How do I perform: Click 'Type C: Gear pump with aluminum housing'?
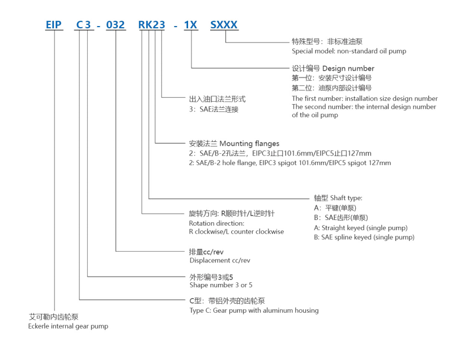pos(254,311)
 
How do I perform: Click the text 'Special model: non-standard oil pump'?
pos(348,51)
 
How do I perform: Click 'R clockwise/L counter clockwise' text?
pos(236,232)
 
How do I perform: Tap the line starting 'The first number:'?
pos(365,98)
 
